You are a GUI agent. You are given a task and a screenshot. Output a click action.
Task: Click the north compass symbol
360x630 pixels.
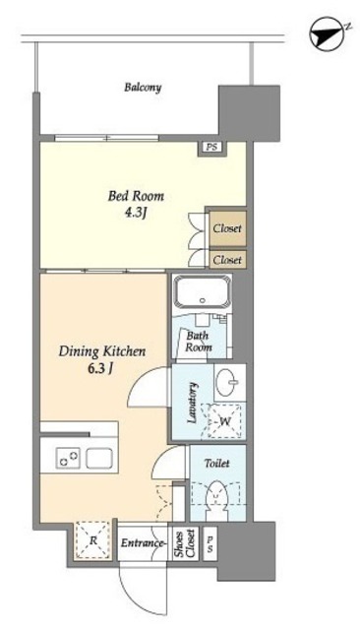click(328, 34)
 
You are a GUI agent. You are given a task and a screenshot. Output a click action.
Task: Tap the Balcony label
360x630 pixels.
click(143, 88)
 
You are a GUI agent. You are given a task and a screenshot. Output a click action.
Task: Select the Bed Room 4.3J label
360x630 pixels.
click(136, 204)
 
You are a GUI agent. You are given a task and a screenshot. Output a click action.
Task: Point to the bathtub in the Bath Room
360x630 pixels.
click(202, 291)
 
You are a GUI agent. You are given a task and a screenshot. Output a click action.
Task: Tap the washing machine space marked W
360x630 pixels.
click(221, 420)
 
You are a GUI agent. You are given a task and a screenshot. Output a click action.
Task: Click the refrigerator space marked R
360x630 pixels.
click(93, 540)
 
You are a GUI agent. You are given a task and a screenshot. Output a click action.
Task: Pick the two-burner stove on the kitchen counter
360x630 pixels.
click(68, 458)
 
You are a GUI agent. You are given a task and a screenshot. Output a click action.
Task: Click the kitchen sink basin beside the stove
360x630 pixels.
click(98, 458)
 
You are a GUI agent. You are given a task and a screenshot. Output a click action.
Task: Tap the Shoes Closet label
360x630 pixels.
click(184, 543)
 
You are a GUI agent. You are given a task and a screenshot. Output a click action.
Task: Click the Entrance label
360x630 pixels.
click(143, 543)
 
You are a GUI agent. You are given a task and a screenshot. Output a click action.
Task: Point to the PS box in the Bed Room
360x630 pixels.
click(211, 148)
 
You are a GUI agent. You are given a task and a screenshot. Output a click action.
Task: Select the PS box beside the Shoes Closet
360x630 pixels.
click(210, 543)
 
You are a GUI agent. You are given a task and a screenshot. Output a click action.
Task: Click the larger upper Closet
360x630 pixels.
click(227, 228)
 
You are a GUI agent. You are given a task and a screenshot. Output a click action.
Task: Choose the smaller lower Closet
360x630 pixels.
click(227, 260)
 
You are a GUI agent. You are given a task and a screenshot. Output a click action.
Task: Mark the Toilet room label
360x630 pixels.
click(217, 464)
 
